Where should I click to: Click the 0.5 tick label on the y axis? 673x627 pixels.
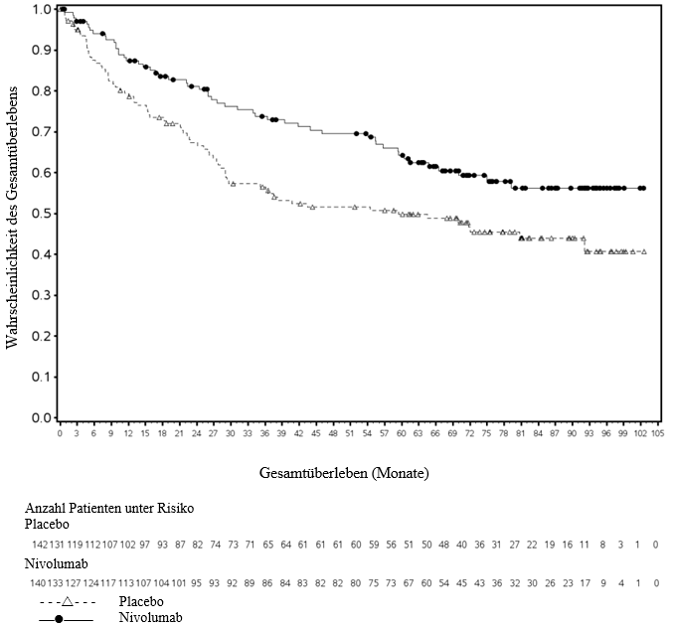tap(42, 214)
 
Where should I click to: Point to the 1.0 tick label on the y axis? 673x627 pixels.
tap(42, 10)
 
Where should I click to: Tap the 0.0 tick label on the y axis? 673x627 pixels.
tap(42, 418)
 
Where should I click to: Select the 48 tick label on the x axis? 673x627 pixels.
tap(333, 433)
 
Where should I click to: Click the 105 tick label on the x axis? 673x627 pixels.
tap(657, 433)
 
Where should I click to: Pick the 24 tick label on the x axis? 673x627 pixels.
tap(196, 433)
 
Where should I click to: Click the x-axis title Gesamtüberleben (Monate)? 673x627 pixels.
tap(344, 473)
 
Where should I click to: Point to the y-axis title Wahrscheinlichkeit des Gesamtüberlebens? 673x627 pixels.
tap(12, 218)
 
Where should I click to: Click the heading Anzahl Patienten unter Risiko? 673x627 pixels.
tap(109, 508)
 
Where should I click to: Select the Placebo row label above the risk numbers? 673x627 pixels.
tap(47, 524)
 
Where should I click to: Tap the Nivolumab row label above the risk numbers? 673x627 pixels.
tap(57, 563)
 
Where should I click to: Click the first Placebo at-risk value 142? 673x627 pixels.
tap(40, 545)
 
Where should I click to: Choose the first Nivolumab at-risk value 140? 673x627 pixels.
tap(38, 583)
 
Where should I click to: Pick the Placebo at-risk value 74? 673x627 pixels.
tap(215, 545)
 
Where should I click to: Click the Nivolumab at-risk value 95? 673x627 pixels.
tap(196, 583)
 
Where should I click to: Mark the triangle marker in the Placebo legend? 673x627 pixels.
tap(68, 602)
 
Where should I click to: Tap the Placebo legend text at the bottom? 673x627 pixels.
tap(141, 602)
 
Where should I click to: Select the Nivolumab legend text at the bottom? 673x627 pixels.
tap(151, 617)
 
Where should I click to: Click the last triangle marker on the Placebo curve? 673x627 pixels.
tap(644, 252)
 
